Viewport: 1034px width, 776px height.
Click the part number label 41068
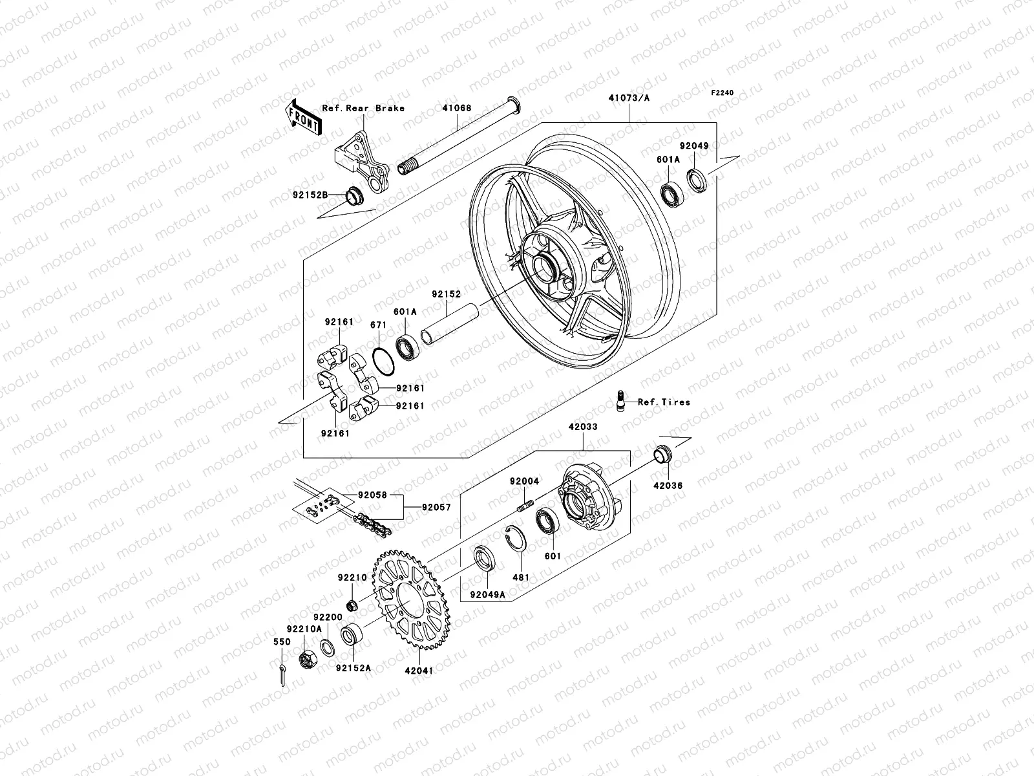pyautogui.click(x=457, y=109)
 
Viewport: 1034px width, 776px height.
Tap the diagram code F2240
pyautogui.click(x=723, y=93)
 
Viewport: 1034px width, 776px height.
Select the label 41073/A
pyautogui.click(x=629, y=99)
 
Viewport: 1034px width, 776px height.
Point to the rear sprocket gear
pyautogui.click(x=407, y=598)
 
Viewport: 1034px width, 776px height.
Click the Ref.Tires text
pyautogui.click(x=664, y=402)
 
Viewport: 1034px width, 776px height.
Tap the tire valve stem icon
pyautogui.click(x=620, y=400)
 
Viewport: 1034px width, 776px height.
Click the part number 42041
pyautogui.click(x=419, y=671)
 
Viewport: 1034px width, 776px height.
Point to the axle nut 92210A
pyautogui.click(x=307, y=660)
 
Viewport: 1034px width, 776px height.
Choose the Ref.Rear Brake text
pyautogui.click(x=372, y=108)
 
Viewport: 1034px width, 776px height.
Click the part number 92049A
pyautogui.click(x=487, y=594)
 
